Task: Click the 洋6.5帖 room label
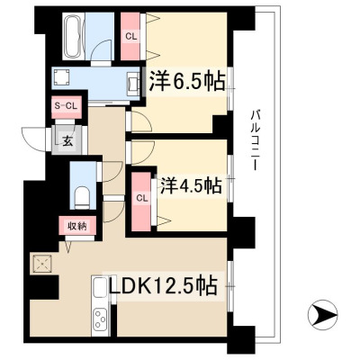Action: [187, 81]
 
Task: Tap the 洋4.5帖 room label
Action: [191, 186]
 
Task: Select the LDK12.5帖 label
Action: [163, 286]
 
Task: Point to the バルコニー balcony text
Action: [256, 140]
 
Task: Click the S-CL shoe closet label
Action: [66, 105]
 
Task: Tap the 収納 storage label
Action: [77, 226]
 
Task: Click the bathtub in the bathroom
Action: [73, 36]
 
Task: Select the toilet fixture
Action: [82, 197]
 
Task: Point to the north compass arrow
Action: [323, 315]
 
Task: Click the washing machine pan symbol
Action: [62, 78]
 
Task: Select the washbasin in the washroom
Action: [133, 82]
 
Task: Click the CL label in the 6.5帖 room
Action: [130, 37]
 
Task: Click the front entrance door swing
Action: [34, 139]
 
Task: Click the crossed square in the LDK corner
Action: [42, 264]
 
